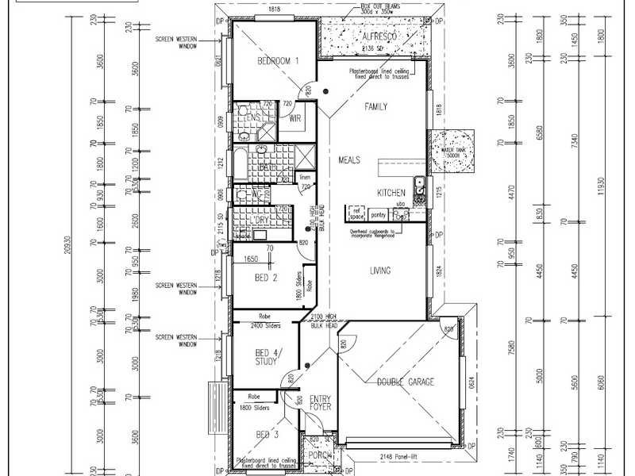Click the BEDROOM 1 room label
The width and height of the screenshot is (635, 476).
coord(278,60)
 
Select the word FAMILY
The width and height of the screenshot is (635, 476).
coord(375,106)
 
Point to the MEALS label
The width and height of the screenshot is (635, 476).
coord(349,159)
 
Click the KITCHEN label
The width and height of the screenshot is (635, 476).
coord(391,193)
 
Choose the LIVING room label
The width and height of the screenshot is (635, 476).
coord(380,271)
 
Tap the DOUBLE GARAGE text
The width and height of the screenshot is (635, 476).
coord(405,382)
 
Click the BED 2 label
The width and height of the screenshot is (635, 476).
coord(265,278)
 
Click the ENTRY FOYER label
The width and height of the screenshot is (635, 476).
coord(319,404)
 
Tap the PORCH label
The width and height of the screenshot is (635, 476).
coord(319,455)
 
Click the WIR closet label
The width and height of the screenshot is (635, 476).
coord(294,119)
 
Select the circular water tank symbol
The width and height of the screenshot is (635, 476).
coord(449,148)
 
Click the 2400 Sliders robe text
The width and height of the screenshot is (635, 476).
coord(266,326)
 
